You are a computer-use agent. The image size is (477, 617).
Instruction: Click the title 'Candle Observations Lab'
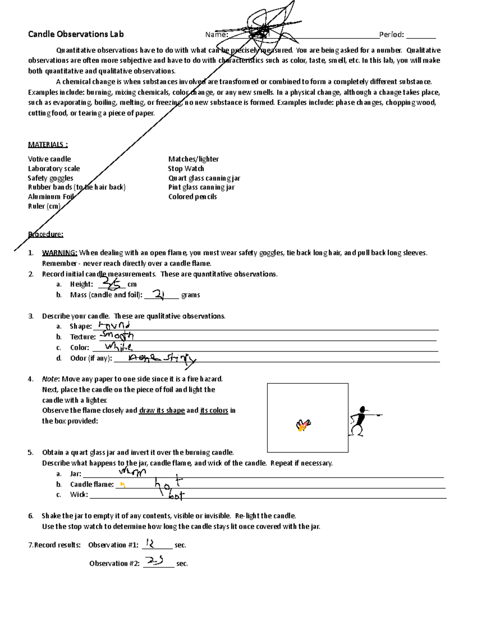tap(76, 34)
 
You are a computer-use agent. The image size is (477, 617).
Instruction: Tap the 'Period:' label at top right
tap(392, 35)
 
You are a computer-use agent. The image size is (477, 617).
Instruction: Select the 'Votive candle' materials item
tap(49, 159)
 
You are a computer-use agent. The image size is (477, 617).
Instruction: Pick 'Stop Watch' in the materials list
tap(186, 168)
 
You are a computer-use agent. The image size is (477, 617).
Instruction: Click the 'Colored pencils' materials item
tap(192, 197)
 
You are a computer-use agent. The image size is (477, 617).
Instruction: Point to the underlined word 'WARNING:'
tap(60, 253)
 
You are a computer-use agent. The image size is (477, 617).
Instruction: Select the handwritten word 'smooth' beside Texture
tap(117, 336)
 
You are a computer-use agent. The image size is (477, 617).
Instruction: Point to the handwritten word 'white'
tap(118, 347)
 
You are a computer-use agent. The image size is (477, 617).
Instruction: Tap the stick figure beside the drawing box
tap(362, 420)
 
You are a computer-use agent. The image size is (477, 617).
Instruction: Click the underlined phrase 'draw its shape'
tap(162, 410)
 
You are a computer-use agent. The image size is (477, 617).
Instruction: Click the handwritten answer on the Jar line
tap(133, 472)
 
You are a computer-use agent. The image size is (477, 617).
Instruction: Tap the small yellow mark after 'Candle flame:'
tap(123, 484)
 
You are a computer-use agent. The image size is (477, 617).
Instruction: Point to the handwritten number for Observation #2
tap(155, 561)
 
